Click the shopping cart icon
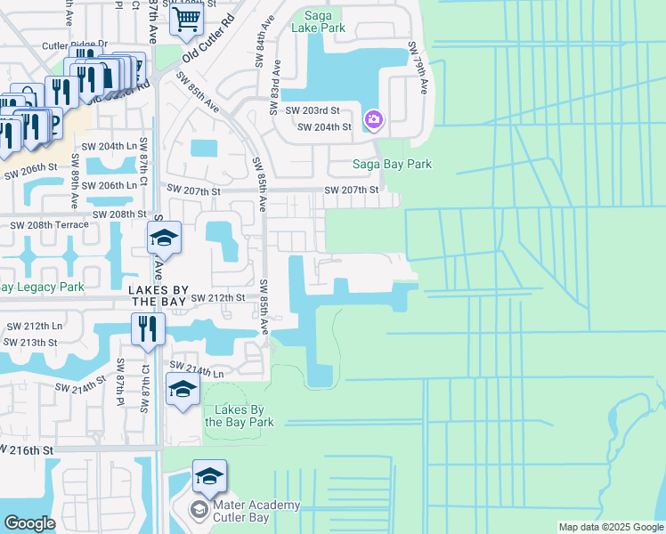coord(186,16)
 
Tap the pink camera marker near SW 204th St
coord(373,118)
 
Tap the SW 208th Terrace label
coord(49,225)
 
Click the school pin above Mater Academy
coord(209,477)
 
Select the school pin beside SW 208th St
coord(164,239)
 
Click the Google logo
coord(29,523)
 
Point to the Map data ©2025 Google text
coord(611,528)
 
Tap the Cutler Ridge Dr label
coord(74,44)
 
